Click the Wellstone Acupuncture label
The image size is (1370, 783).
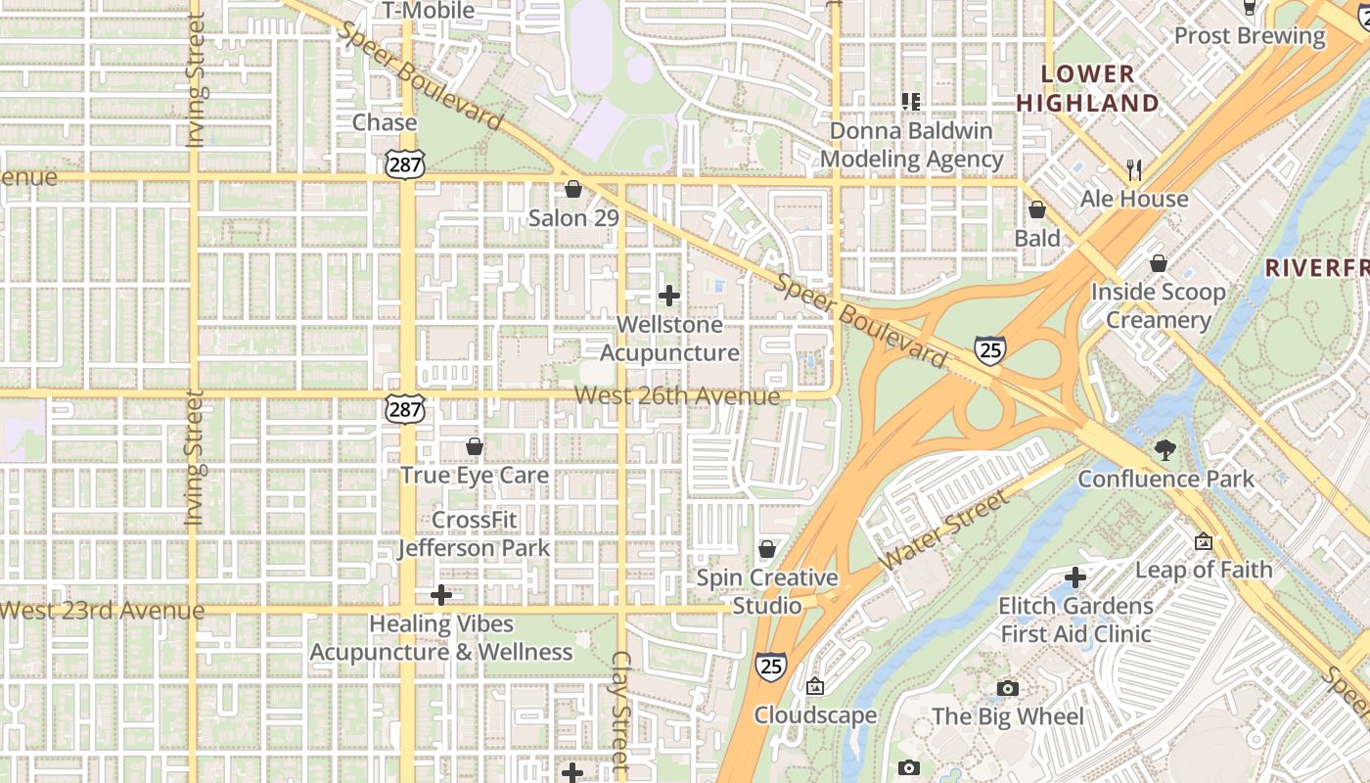click(x=669, y=339)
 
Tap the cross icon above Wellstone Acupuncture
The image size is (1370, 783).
click(x=669, y=295)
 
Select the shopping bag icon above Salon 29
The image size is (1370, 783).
click(x=573, y=189)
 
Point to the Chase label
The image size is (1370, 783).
click(x=385, y=122)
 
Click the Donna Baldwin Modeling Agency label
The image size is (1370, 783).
click(x=911, y=145)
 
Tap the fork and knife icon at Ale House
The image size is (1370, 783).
click(x=1134, y=170)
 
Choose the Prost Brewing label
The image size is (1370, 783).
click(x=1250, y=36)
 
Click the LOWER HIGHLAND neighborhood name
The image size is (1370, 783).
click(x=1087, y=88)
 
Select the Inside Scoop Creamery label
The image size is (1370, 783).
click(x=1158, y=306)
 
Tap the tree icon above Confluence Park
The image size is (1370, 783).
click(x=1164, y=450)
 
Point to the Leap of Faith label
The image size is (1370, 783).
click(x=1204, y=570)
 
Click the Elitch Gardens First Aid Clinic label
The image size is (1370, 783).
click(x=1075, y=620)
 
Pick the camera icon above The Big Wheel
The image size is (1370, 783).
click(x=1007, y=689)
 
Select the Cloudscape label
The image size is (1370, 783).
click(x=815, y=715)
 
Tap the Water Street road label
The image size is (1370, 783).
click(x=943, y=531)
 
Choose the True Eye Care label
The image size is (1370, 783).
click(x=475, y=475)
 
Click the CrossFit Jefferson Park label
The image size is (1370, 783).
click(x=475, y=534)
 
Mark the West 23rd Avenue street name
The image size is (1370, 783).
click(x=102, y=611)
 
